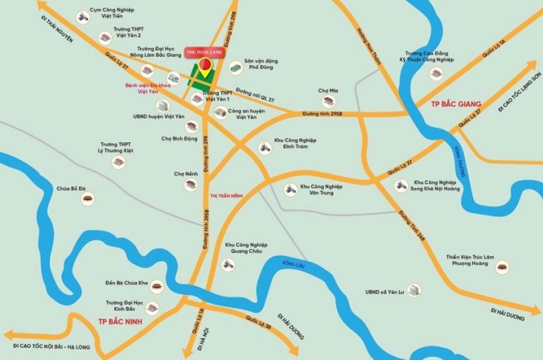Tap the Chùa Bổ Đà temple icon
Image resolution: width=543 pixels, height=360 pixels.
pos(88,202)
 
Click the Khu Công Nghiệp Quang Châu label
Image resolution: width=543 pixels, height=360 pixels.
pos(245,249)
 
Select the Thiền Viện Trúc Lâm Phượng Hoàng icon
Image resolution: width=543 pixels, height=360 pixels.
pos(503,267)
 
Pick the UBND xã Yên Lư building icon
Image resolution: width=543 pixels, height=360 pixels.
pos(415,290)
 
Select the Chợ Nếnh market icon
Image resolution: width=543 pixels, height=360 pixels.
pos(190,185)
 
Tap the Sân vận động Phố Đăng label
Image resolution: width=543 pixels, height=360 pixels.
pos(260,64)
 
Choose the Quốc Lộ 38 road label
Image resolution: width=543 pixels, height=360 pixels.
pos(252,323)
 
